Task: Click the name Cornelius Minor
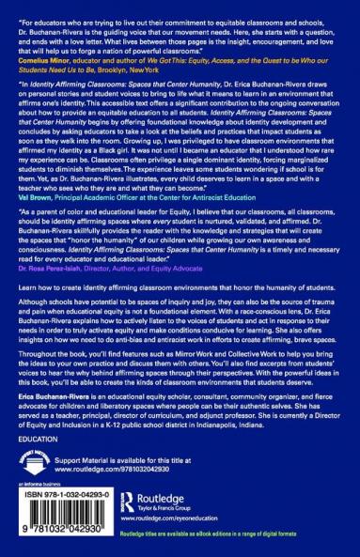pyautogui.click(x=41, y=59)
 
